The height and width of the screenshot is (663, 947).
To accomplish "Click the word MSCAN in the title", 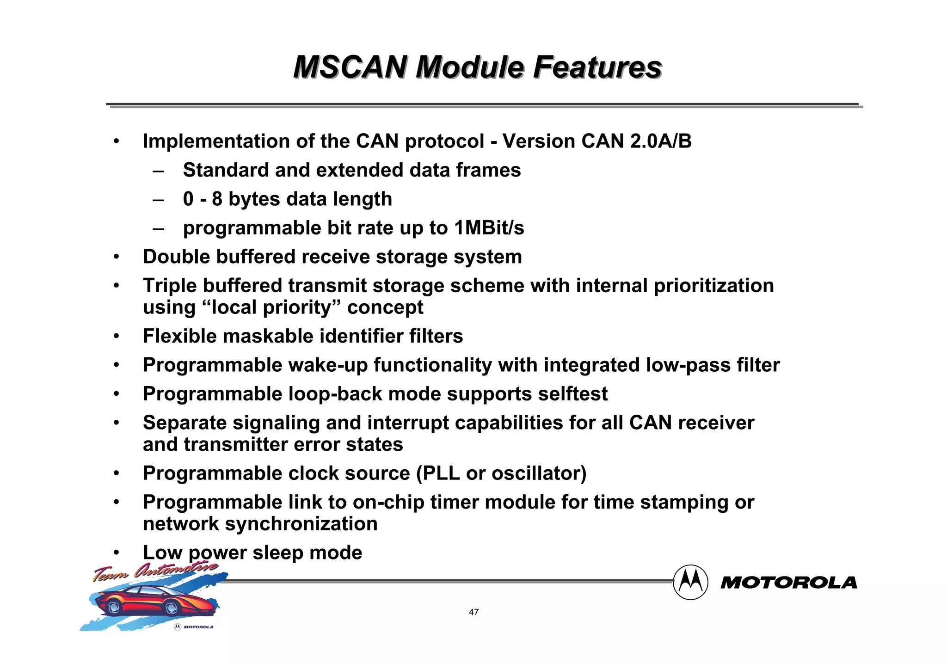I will coord(350,68).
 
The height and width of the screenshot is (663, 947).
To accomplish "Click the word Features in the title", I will coord(597,68).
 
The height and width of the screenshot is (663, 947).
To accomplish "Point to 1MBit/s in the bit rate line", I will coord(489,228).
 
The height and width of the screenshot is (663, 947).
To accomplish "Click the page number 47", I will coord(473,612).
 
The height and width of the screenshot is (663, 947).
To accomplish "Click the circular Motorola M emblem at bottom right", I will coord(690,583).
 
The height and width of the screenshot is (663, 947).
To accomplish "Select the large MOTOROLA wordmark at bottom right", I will coord(789,583).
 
